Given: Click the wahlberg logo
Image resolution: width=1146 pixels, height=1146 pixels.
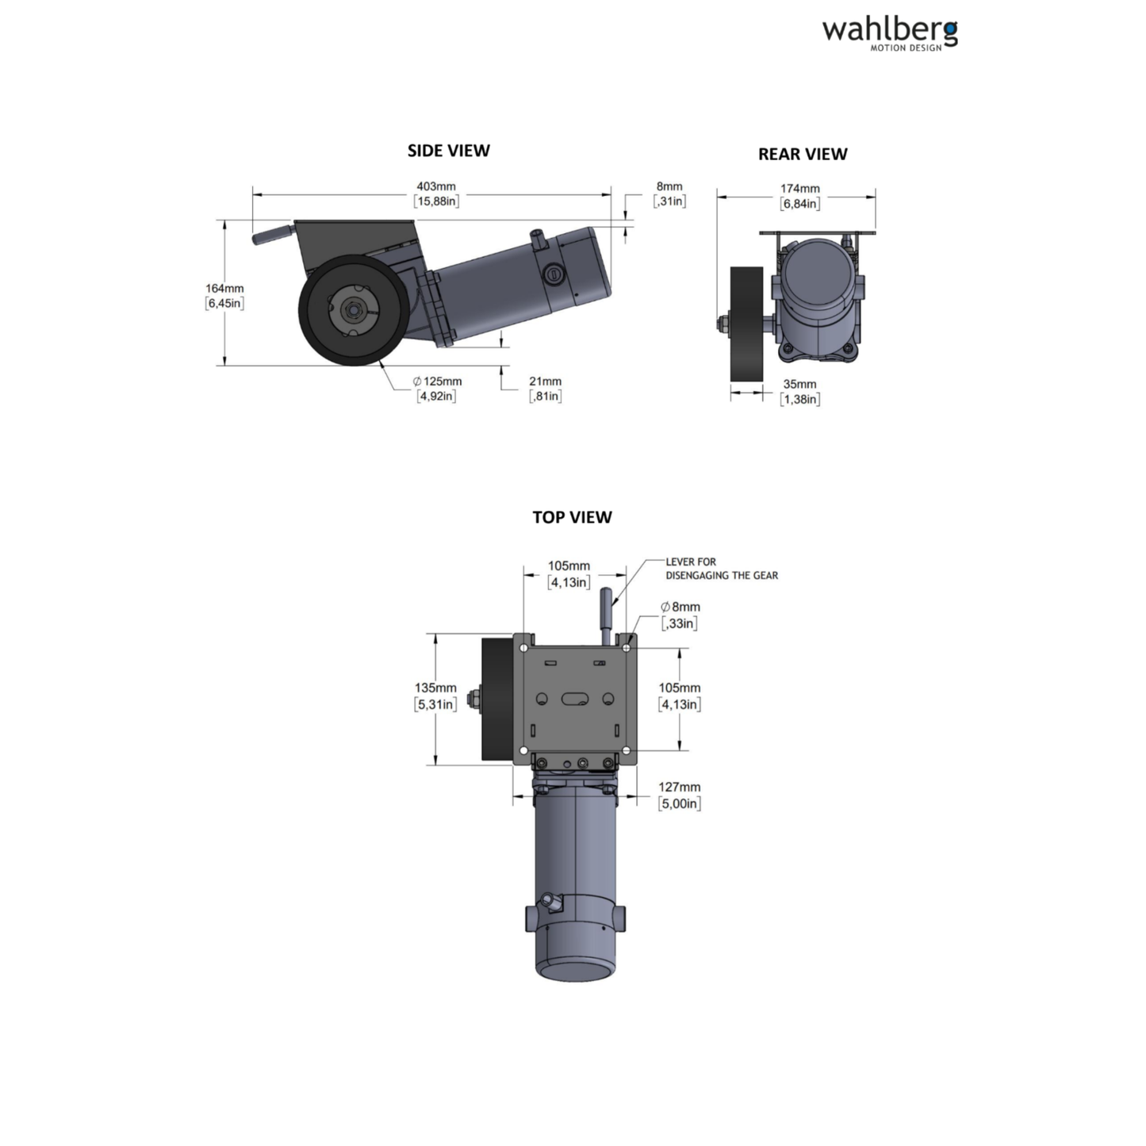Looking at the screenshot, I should coord(889,33).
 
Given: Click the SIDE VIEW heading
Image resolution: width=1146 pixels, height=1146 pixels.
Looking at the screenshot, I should coord(448,151).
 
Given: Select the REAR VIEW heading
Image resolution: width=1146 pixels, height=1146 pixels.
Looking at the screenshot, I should coord(802,154).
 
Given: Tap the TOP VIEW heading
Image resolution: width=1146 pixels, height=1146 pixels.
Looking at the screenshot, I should coord(572,517).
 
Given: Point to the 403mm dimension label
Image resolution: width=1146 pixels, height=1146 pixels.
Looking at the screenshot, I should coord(435,194).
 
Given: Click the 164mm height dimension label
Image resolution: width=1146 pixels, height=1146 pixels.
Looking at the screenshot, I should coord(224,296).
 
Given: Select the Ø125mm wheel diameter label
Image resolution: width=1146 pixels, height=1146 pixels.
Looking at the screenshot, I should coord(436,389).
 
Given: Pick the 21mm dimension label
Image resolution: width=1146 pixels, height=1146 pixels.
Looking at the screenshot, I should coord(545,389).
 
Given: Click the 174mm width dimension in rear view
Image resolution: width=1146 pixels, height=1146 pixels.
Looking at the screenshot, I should coord(799,196).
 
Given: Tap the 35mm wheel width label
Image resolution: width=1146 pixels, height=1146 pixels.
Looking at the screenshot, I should coord(799,392).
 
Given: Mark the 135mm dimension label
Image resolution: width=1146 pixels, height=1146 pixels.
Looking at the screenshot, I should coord(435,696).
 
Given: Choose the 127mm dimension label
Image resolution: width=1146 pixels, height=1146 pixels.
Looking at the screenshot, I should coord(679,795).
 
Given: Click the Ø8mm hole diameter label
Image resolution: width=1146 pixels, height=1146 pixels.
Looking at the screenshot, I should coord(680,615).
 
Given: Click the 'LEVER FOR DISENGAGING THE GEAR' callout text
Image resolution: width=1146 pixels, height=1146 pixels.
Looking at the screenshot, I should coord(721,569).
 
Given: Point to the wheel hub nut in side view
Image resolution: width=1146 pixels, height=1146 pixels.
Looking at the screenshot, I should coord(351,311).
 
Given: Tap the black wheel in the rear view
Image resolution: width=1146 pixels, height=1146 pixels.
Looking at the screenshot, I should coord(745,324).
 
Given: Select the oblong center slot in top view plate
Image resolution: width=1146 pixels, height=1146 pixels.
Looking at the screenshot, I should coord(575,699).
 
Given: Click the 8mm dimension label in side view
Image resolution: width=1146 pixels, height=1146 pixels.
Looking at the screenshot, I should coord(669,194).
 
